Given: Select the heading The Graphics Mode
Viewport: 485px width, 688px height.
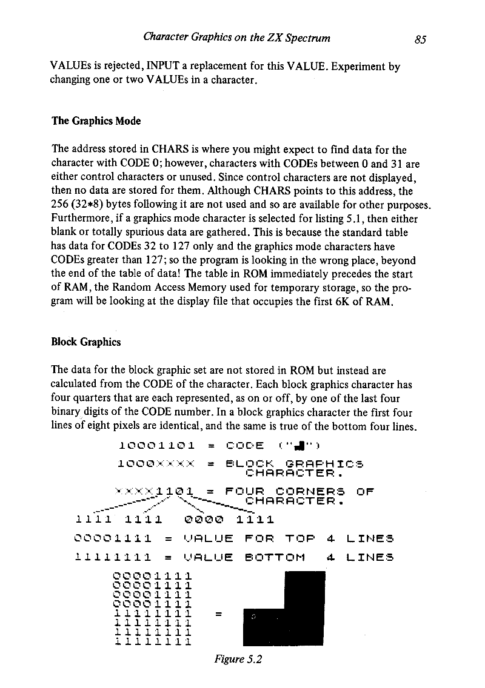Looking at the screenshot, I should pos(96,121).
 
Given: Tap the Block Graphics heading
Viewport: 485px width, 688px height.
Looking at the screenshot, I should pos(87,342).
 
